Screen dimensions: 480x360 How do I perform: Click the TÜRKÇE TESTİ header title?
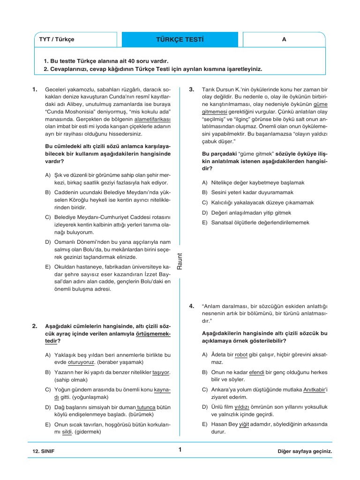point(180,39)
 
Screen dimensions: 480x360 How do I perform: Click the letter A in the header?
point(284,39)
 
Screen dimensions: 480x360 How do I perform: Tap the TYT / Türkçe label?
point(57,39)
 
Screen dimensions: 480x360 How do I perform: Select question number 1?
point(35,89)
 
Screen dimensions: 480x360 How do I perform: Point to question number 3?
point(192,89)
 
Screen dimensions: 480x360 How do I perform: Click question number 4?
point(192,306)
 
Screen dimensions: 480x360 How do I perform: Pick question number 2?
point(35,325)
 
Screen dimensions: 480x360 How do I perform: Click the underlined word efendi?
point(257,372)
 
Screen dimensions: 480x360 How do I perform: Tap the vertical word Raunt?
point(179,261)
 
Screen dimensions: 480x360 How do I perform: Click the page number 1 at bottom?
point(180,450)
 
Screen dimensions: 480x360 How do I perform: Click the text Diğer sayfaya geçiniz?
point(304,451)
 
